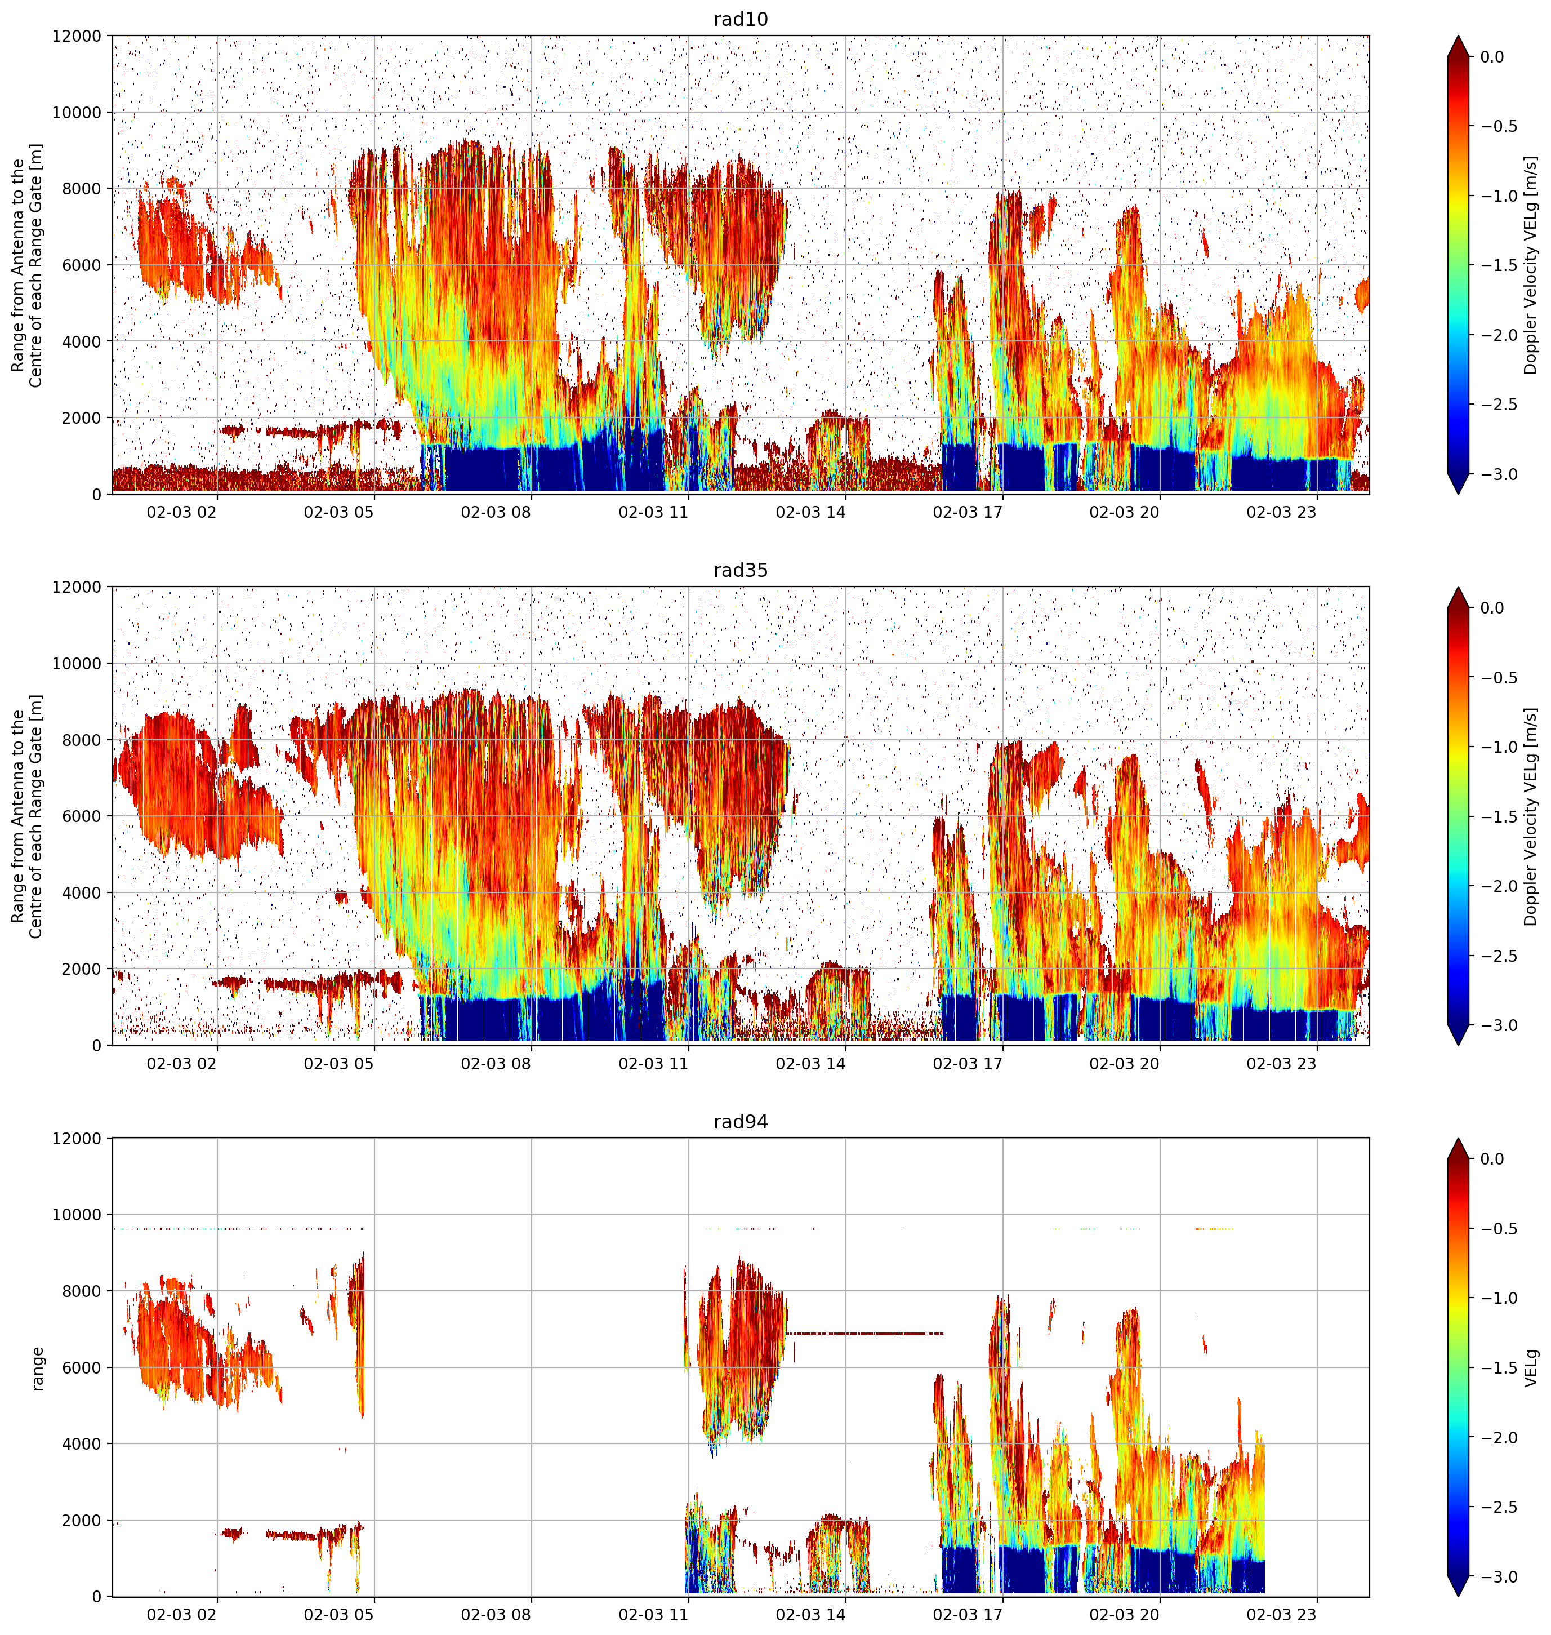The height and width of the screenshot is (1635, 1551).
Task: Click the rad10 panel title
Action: (x=740, y=19)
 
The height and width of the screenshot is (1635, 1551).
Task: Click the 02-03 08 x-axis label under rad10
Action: (x=495, y=512)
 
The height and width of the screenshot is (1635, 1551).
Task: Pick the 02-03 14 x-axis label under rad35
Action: (x=810, y=1064)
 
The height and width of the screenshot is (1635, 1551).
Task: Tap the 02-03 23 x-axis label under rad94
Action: (x=1281, y=1614)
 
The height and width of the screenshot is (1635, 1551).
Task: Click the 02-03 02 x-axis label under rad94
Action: (x=181, y=1614)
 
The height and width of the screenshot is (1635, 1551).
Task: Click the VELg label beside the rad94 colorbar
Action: (x=1531, y=1368)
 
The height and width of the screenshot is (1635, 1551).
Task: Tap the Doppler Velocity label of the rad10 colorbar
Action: (x=1531, y=265)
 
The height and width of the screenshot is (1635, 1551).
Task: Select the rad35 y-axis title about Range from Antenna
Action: (x=27, y=816)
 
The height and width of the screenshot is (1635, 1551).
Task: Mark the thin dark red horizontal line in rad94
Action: (x=865, y=1333)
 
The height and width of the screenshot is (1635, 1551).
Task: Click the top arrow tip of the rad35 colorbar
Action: (x=1459, y=588)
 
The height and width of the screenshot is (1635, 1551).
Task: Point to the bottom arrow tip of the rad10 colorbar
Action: (x=1459, y=494)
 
